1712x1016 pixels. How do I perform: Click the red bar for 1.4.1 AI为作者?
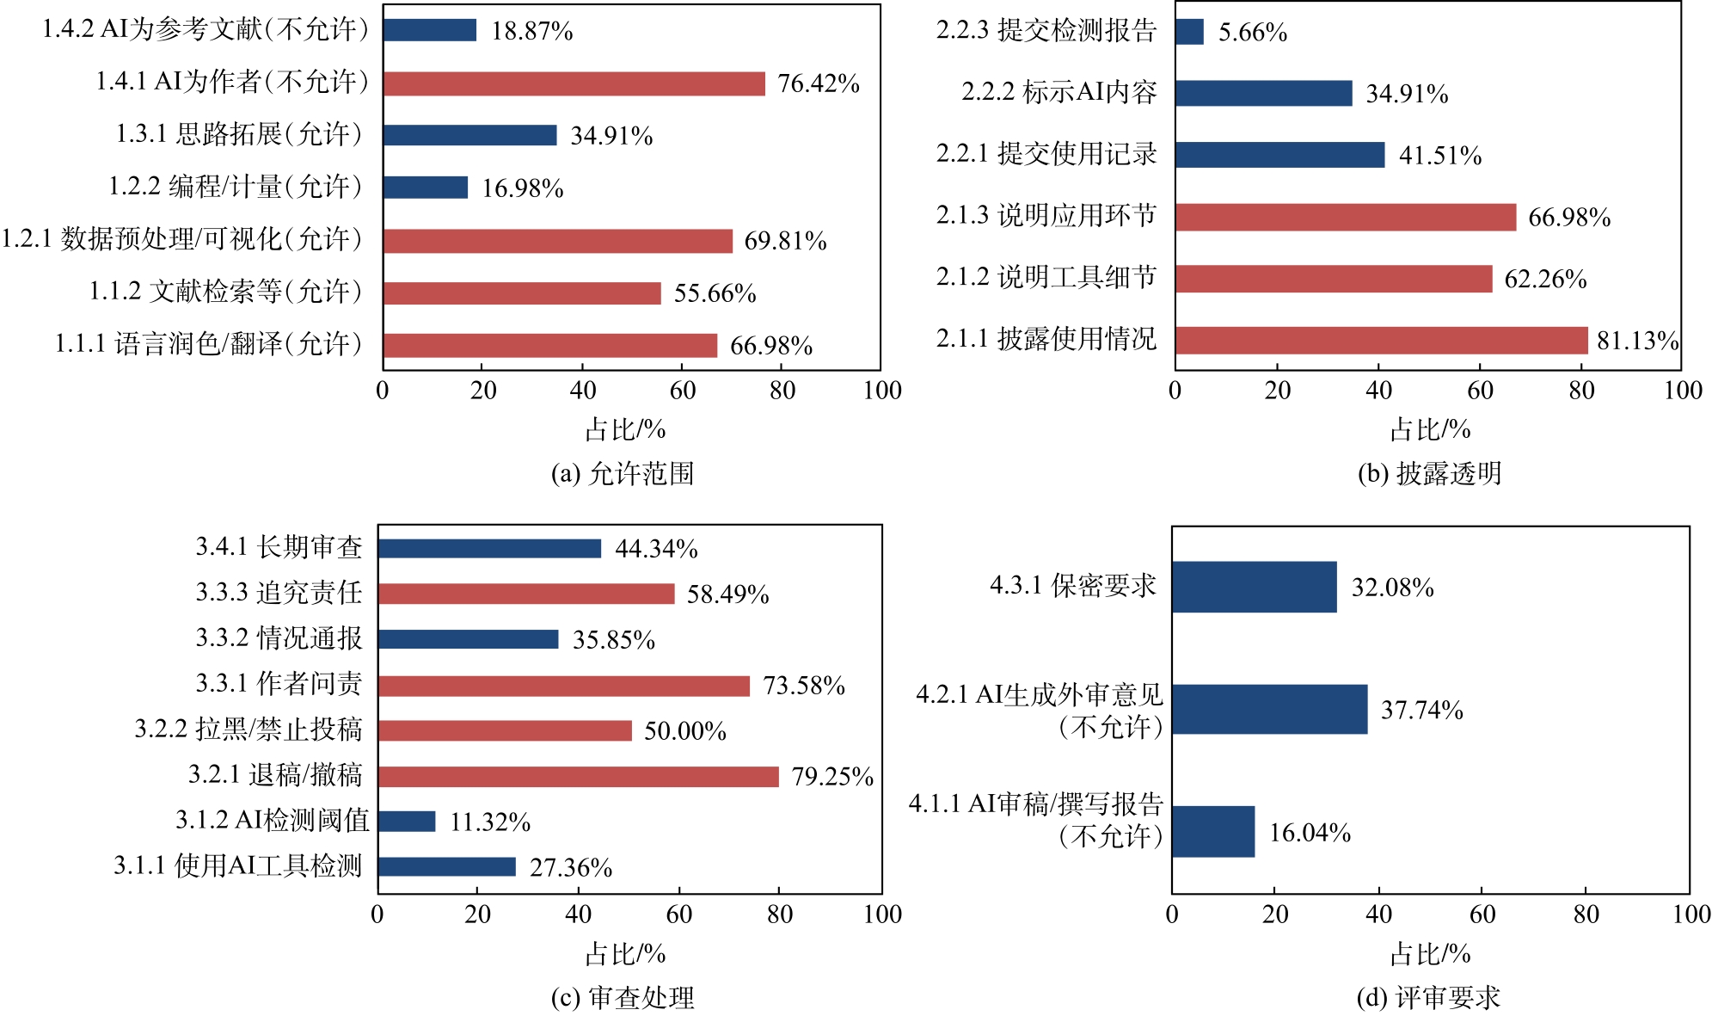click(x=574, y=83)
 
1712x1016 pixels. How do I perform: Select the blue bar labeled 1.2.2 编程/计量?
click(x=426, y=188)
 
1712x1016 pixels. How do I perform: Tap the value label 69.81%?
click(x=785, y=241)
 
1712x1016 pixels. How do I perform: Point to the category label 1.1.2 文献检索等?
click(x=225, y=292)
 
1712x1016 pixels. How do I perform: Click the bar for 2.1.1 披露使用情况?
click(x=1381, y=341)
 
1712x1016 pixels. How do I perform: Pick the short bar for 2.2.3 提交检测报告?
click(x=1189, y=32)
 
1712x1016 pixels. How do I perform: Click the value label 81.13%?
click(x=1637, y=341)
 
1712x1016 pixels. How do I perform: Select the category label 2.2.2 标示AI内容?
click(x=1058, y=92)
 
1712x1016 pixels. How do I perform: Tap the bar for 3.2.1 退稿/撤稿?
click(x=578, y=777)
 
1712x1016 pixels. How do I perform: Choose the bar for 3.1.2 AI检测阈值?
click(x=407, y=822)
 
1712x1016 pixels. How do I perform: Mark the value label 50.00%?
click(x=684, y=731)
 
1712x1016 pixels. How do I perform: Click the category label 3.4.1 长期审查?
click(x=279, y=547)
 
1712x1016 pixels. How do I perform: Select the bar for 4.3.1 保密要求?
click(x=1255, y=588)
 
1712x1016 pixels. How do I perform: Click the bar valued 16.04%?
click(x=1213, y=832)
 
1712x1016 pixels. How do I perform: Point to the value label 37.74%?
click(x=1421, y=710)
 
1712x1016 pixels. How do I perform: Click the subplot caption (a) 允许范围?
click(x=622, y=474)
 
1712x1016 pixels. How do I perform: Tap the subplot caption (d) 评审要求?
click(x=1427, y=998)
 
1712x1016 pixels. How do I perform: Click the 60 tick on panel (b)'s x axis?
click(x=1480, y=391)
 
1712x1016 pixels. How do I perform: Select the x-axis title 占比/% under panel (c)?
click(x=625, y=954)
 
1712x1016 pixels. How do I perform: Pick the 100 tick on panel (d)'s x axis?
click(x=1690, y=914)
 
